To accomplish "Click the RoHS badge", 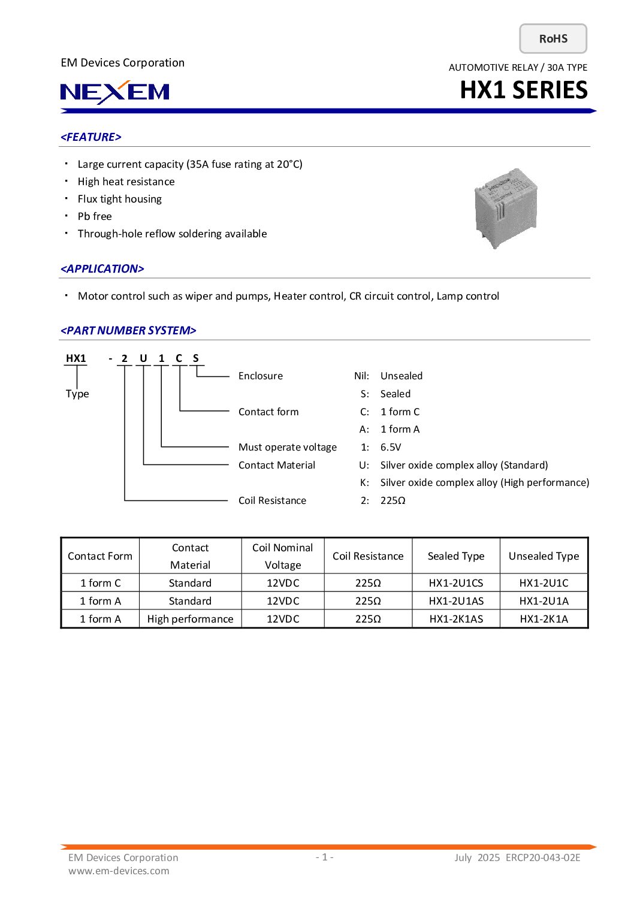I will [x=553, y=39].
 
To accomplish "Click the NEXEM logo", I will [x=115, y=92].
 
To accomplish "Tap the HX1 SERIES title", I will [x=523, y=90].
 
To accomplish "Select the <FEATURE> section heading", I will [x=91, y=137].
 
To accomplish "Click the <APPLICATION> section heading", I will [x=102, y=269].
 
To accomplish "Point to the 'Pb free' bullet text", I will [x=95, y=216].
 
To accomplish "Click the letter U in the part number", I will [x=143, y=358].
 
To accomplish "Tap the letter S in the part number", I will [x=196, y=358].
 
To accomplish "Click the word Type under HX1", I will [x=77, y=394].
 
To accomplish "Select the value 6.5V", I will [x=391, y=447].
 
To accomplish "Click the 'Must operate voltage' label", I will [x=287, y=447].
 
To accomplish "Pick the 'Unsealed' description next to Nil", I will [x=401, y=376].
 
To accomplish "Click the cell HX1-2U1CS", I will [x=455, y=583].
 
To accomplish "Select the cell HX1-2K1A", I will [x=544, y=619].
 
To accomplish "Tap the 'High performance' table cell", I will [x=190, y=619].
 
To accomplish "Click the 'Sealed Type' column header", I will [x=455, y=556].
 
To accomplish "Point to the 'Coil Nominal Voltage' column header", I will [x=282, y=556].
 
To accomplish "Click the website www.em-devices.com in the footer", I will [x=119, y=871].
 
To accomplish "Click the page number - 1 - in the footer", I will [x=324, y=857].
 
